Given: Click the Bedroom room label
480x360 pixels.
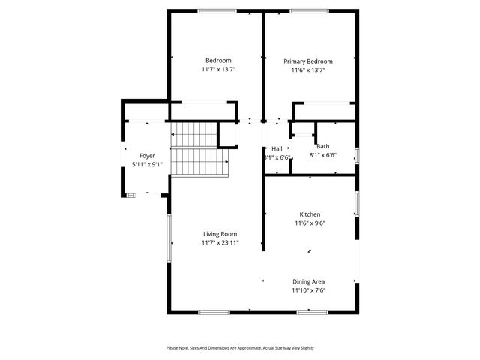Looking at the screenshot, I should [x=218, y=60].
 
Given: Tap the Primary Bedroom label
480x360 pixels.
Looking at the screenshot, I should [x=307, y=61].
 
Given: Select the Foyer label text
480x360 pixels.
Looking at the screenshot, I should [x=147, y=156].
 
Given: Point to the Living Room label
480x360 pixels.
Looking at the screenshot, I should [x=220, y=234].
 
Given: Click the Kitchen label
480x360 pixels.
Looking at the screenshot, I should [x=310, y=214].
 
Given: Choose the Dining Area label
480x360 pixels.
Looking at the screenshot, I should [x=308, y=281].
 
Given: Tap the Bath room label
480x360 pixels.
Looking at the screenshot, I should [x=322, y=147].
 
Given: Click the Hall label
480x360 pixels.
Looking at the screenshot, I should [x=277, y=148].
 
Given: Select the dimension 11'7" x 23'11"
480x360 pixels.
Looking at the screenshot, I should [x=220, y=243].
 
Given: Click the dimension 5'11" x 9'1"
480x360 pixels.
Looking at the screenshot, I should [x=147, y=165].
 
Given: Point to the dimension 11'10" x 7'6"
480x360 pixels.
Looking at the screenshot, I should [x=308, y=290].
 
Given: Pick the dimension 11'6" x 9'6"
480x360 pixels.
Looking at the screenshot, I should [x=310, y=223].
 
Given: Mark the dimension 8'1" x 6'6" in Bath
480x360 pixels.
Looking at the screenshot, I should [x=322, y=156].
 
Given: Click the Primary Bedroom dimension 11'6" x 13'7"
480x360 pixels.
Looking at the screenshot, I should [x=307, y=70].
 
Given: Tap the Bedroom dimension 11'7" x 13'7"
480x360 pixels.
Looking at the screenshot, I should [x=218, y=69].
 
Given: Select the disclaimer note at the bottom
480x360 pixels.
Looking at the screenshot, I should [x=240, y=348].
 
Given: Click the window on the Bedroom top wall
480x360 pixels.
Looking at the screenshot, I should [x=217, y=10].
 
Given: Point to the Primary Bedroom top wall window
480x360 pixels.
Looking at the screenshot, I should [x=308, y=10].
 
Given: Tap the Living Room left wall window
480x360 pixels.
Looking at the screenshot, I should [x=168, y=238].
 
